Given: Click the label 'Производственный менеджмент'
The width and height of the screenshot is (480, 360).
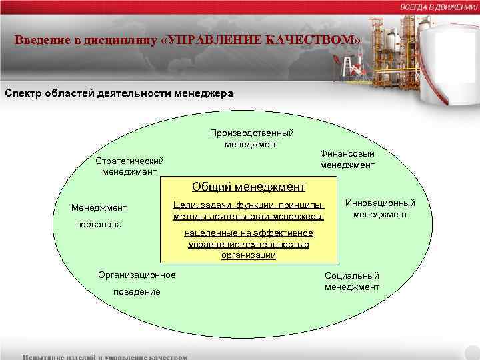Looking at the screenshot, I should click(251, 138).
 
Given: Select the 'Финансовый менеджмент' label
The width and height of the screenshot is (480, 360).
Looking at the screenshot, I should click(347, 159).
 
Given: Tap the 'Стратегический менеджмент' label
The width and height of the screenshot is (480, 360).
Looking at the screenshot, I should click(129, 167).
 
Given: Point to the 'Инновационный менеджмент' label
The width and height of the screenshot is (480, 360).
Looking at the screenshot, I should click(380, 209).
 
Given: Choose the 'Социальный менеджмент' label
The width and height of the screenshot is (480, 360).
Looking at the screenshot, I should click(352, 281).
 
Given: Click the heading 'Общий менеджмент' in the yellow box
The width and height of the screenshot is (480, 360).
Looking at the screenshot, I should click(249, 187).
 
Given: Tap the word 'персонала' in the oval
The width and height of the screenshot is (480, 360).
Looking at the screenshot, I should click(98, 225).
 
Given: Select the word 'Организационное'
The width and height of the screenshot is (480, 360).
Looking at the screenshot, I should click(137, 275).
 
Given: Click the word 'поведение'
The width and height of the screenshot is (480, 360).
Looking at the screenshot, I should click(137, 291).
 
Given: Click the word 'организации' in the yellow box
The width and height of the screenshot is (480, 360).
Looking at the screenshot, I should click(249, 255).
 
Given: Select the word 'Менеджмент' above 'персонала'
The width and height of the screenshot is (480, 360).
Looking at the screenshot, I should click(99, 208).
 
